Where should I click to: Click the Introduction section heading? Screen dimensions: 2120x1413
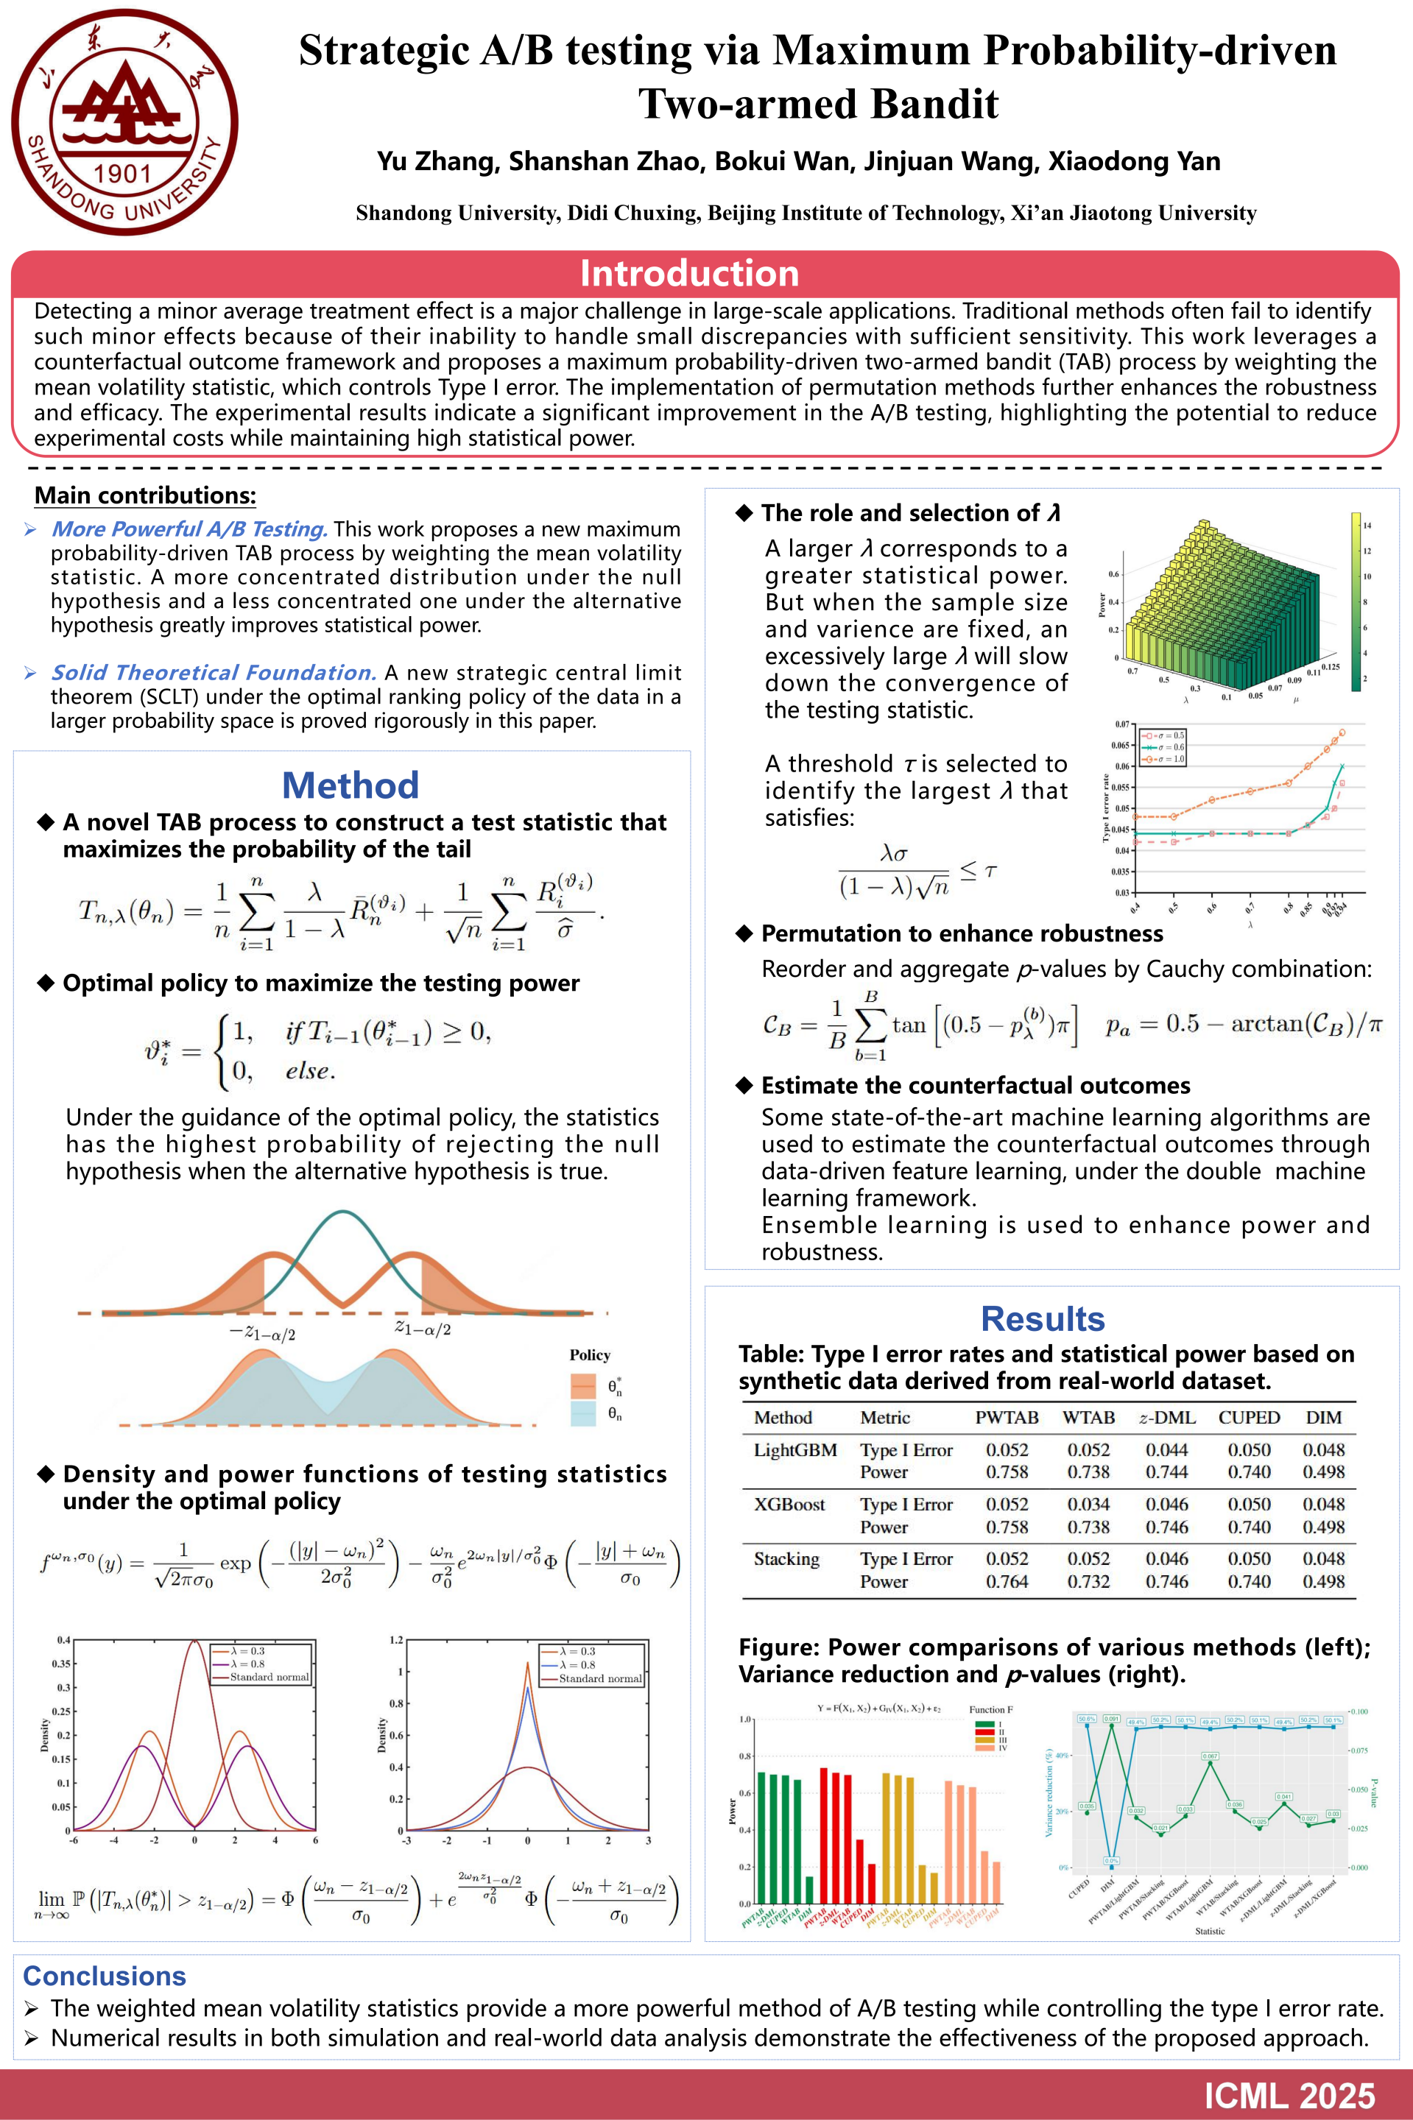(x=689, y=273)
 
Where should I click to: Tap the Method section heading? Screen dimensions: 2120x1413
(x=350, y=785)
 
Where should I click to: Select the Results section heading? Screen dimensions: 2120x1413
(x=1043, y=1318)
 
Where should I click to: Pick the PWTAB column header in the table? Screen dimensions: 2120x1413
(x=1007, y=1417)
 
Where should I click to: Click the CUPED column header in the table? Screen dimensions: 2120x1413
(x=1249, y=1417)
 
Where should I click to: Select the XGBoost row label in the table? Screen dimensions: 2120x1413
(x=789, y=1504)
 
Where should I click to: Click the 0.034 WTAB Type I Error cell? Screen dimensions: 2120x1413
(x=1088, y=1504)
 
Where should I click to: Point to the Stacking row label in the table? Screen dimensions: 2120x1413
(x=786, y=1558)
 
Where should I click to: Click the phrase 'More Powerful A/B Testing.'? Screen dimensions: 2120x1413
(x=189, y=529)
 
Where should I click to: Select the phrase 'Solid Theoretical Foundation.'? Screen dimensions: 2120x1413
(x=214, y=672)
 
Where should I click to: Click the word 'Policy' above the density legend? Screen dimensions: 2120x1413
(x=589, y=1355)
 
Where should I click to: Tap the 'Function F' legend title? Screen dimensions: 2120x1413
(x=990, y=1709)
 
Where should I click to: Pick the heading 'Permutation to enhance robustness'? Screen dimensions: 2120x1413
(x=962, y=933)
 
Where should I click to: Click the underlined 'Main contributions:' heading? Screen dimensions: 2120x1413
(x=145, y=495)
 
